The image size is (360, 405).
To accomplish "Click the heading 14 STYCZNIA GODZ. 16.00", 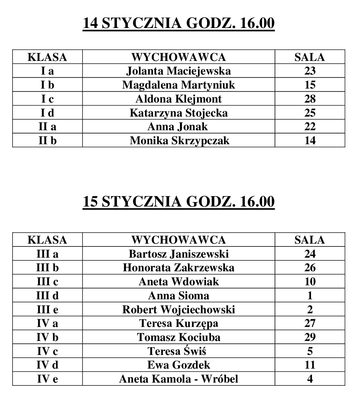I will (x=178, y=23).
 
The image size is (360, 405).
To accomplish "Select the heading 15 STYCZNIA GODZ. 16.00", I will (x=178, y=202).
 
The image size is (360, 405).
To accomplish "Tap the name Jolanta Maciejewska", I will (x=178, y=71).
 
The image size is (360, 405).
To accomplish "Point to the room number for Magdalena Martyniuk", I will (x=310, y=85).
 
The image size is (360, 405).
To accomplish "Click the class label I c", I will (x=47, y=99).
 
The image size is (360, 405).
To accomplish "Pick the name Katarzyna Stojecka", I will (x=178, y=113).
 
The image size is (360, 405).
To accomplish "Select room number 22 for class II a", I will (x=310, y=127).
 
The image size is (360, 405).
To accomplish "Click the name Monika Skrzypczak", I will (x=179, y=141).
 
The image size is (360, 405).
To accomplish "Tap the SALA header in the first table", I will (x=310, y=57).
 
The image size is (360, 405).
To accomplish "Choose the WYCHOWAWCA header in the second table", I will (x=178, y=240).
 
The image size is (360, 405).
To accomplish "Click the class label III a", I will (x=47, y=254).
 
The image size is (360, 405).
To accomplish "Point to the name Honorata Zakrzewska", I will (x=178, y=268).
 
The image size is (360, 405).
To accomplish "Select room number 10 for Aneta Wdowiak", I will (x=310, y=281).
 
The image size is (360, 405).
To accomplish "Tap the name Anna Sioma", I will (x=178, y=296).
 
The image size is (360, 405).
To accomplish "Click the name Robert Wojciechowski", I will (x=178, y=310).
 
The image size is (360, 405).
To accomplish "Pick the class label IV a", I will (x=47, y=323).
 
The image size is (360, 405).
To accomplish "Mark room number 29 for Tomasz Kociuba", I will (x=310, y=337).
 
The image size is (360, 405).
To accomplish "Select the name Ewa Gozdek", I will (x=178, y=365).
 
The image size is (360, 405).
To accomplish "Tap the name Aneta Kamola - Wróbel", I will (x=178, y=379).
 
